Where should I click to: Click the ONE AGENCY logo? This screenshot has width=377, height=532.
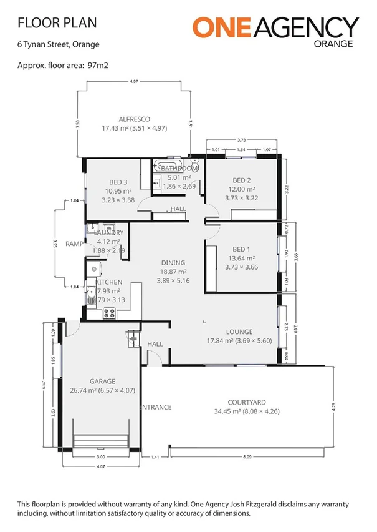[x=275, y=28]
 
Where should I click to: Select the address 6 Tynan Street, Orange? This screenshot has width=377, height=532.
[x=58, y=44]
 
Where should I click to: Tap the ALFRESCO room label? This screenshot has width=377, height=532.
[x=135, y=119]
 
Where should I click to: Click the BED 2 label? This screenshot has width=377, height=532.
[x=241, y=180]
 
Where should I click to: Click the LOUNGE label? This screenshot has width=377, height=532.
[x=239, y=332]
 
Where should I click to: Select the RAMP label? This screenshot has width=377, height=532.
[x=74, y=244]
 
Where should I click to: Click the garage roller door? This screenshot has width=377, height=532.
[x=101, y=440]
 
